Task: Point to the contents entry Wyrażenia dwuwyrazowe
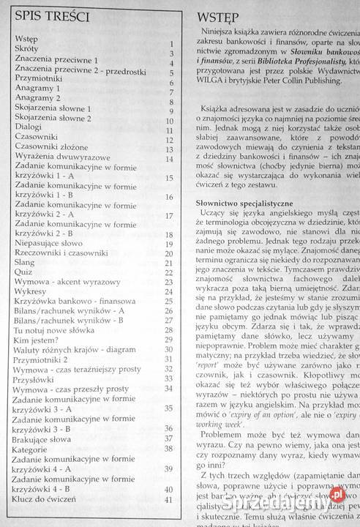(x=61, y=157)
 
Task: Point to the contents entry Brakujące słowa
(x=47, y=449)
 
